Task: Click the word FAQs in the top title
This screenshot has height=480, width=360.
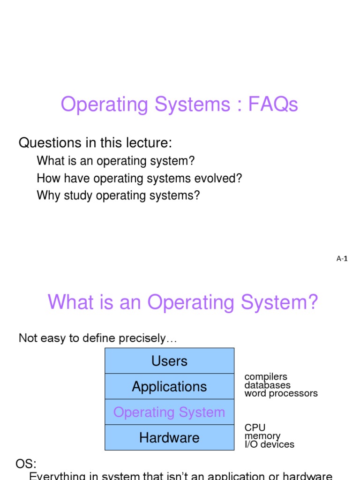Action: [273, 104]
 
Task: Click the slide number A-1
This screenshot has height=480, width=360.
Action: [342, 259]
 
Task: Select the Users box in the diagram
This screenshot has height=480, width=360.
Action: [169, 360]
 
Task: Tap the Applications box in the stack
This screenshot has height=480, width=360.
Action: [169, 386]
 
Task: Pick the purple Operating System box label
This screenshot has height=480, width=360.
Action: [169, 412]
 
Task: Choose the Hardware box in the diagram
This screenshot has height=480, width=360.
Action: [169, 437]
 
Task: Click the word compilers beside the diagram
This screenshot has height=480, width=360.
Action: [266, 376]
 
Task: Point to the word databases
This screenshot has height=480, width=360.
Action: [267, 385]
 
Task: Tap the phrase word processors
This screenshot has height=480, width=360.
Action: [281, 393]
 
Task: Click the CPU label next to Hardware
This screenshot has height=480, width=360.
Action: [255, 427]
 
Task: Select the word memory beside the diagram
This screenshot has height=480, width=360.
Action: [262, 436]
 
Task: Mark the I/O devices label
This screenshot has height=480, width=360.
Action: [270, 444]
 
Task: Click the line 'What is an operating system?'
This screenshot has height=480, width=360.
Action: [116, 161]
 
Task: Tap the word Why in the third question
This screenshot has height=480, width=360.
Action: [48, 195]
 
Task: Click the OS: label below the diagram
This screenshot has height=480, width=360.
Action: [26, 464]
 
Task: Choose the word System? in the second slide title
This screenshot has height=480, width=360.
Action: [279, 302]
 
